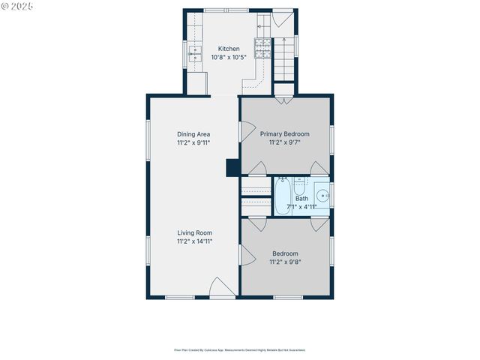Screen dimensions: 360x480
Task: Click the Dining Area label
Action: click(193, 134)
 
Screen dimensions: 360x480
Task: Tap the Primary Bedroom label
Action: click(284, 134)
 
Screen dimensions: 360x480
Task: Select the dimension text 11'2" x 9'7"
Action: click(284, 142)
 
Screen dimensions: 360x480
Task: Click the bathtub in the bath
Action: click(283, 196)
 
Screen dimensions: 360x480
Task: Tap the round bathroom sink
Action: click(321, 193)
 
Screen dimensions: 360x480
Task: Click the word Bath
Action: click(301, 199)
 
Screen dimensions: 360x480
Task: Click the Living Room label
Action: click(193, 232)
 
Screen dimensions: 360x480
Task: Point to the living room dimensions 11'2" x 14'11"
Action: click(193, 241)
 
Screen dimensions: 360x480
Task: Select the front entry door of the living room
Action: click(220, 288)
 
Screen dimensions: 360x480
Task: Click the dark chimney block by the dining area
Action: click(232, 166)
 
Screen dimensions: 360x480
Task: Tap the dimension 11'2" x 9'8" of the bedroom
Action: click(284, 262)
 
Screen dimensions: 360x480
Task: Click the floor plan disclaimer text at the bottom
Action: click(239, 349)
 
